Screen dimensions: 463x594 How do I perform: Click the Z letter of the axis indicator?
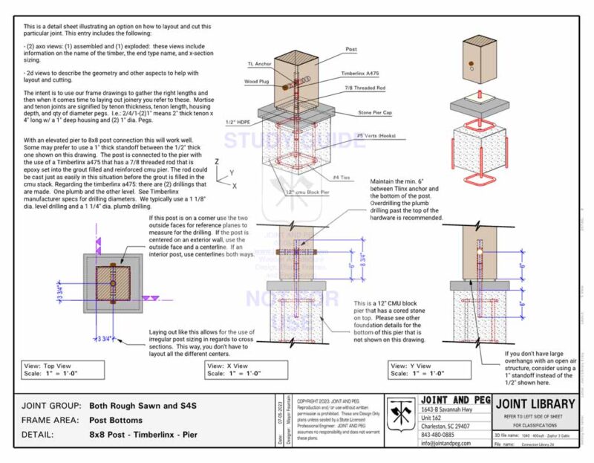[x=216, y=161]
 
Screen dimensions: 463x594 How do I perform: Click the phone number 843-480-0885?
[x=439, y=434]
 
